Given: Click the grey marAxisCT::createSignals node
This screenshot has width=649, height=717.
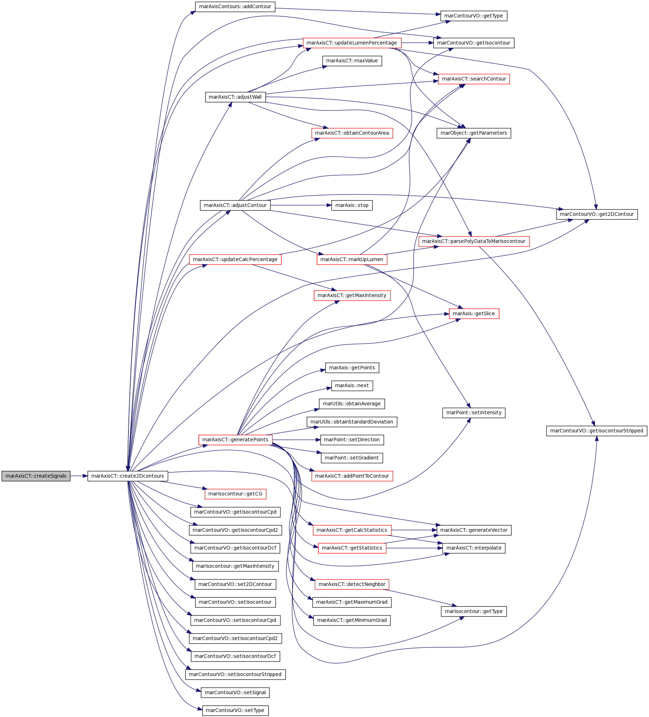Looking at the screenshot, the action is point(36,476).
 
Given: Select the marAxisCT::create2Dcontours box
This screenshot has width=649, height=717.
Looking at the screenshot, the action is point(128,476).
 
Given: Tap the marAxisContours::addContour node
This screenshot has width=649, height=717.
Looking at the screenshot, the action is point(235,7).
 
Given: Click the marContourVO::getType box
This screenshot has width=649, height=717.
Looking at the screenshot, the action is point(474,16).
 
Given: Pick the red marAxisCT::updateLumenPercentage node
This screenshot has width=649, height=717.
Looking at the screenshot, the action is point(352,43).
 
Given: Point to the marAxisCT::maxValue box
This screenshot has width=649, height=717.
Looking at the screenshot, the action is point(352,61).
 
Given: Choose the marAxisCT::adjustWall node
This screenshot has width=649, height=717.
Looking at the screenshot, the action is point(235,97).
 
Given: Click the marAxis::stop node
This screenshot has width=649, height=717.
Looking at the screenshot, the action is point(352,205).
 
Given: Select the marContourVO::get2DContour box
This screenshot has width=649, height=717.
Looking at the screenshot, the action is point(597,214).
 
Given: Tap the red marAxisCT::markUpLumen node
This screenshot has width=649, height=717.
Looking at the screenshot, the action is point(352,259).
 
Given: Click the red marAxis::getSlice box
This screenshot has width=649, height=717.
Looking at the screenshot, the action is point(474,313).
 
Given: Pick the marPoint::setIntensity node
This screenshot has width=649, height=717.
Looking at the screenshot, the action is point(474,413).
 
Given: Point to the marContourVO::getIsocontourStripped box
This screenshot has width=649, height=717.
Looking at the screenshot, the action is point(597,431).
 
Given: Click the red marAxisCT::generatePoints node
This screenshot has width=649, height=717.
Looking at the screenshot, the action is point(235,440).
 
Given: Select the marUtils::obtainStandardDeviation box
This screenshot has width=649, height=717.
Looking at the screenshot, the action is point(352,422).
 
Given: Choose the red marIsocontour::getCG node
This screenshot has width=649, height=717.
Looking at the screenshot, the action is point(235,494).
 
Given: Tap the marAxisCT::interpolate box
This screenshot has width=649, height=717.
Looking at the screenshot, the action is point(474,548).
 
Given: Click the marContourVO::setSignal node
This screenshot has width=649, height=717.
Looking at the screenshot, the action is point(235,692).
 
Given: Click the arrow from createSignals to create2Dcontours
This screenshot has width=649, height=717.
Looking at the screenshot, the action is point(79,476).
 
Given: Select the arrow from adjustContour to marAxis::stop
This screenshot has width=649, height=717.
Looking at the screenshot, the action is point(301,205).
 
